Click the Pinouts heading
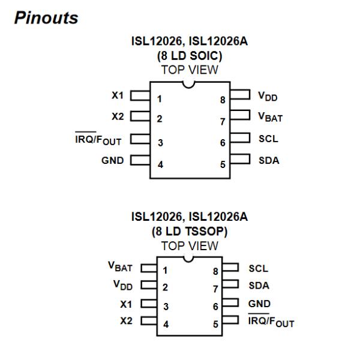click(47, 18)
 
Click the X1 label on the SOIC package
click(117, 95)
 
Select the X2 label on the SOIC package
click(117, 116)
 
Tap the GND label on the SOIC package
click(112, 160)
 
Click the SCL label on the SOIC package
click(267, 139)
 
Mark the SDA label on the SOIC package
click(268, 160)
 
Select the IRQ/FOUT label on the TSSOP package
click(271, 322)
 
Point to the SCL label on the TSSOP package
click(259, 269)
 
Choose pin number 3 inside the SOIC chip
click(160, 143)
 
